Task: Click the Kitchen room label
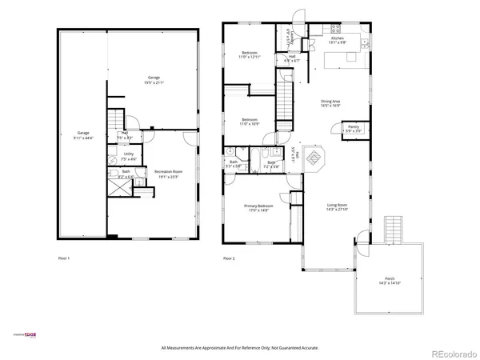click(337, 40)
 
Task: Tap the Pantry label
click(353, 127)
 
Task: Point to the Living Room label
click(337, 207)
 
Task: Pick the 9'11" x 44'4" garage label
click(83, 135)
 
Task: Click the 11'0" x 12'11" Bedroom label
click(249, 54)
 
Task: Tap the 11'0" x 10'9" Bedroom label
click(250, 122)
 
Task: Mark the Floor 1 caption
click(64, 258)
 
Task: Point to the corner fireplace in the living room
click(315, 158)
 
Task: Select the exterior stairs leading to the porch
click(394, 230)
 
